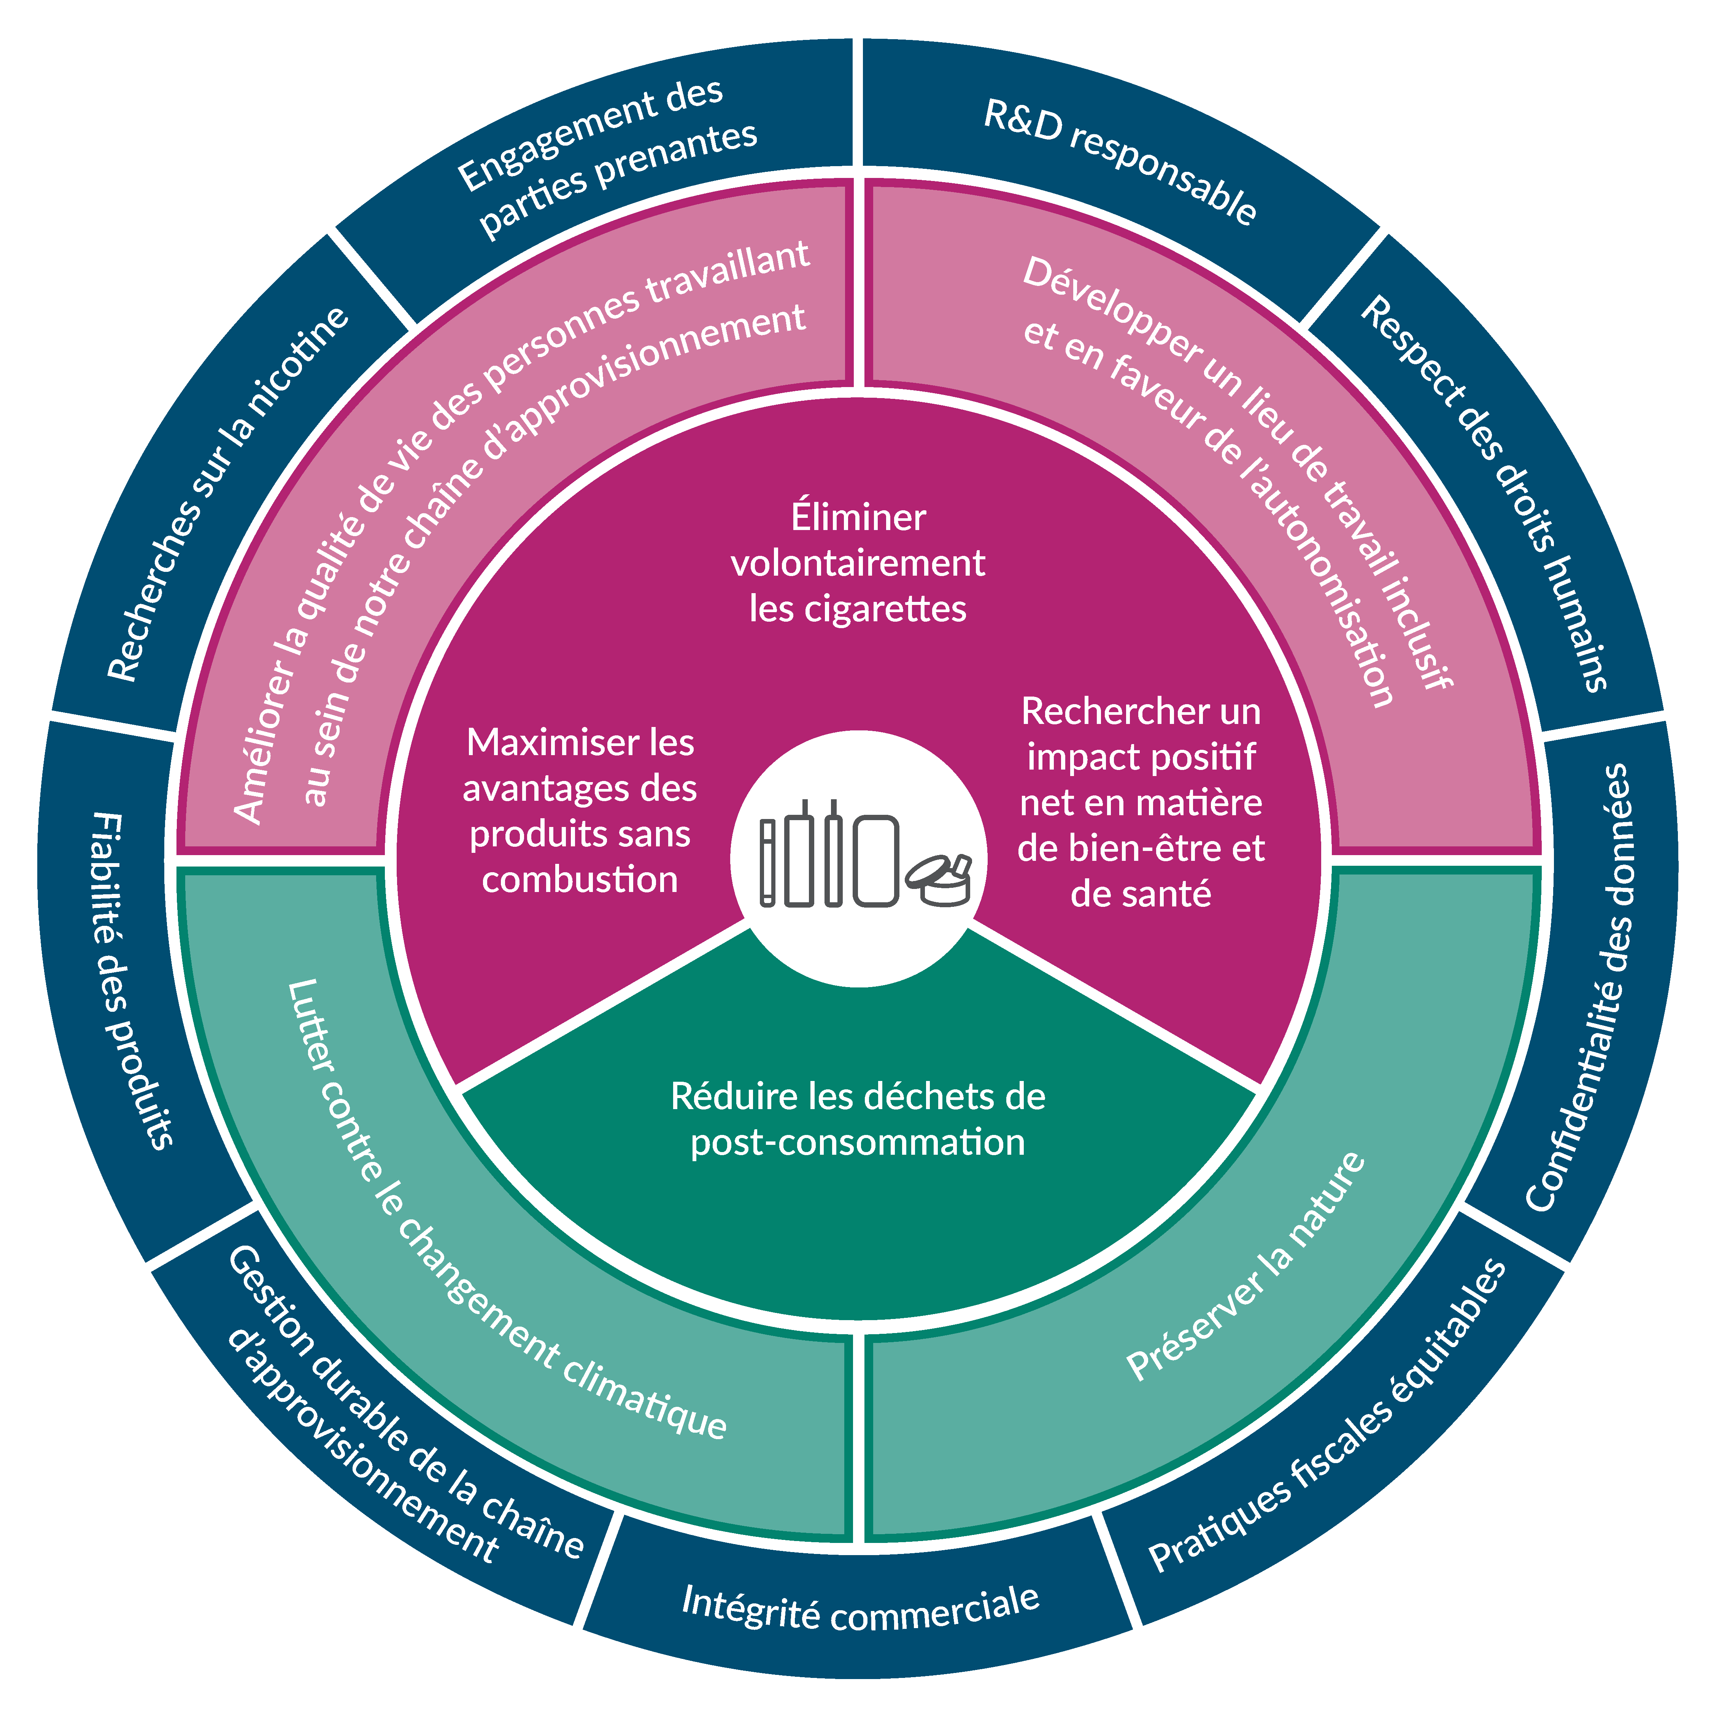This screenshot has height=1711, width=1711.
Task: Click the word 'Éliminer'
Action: pyautogui.click(x=857, y=517)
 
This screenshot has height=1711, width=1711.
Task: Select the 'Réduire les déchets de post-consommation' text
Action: pyautogui.click(x=857, y=1119)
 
